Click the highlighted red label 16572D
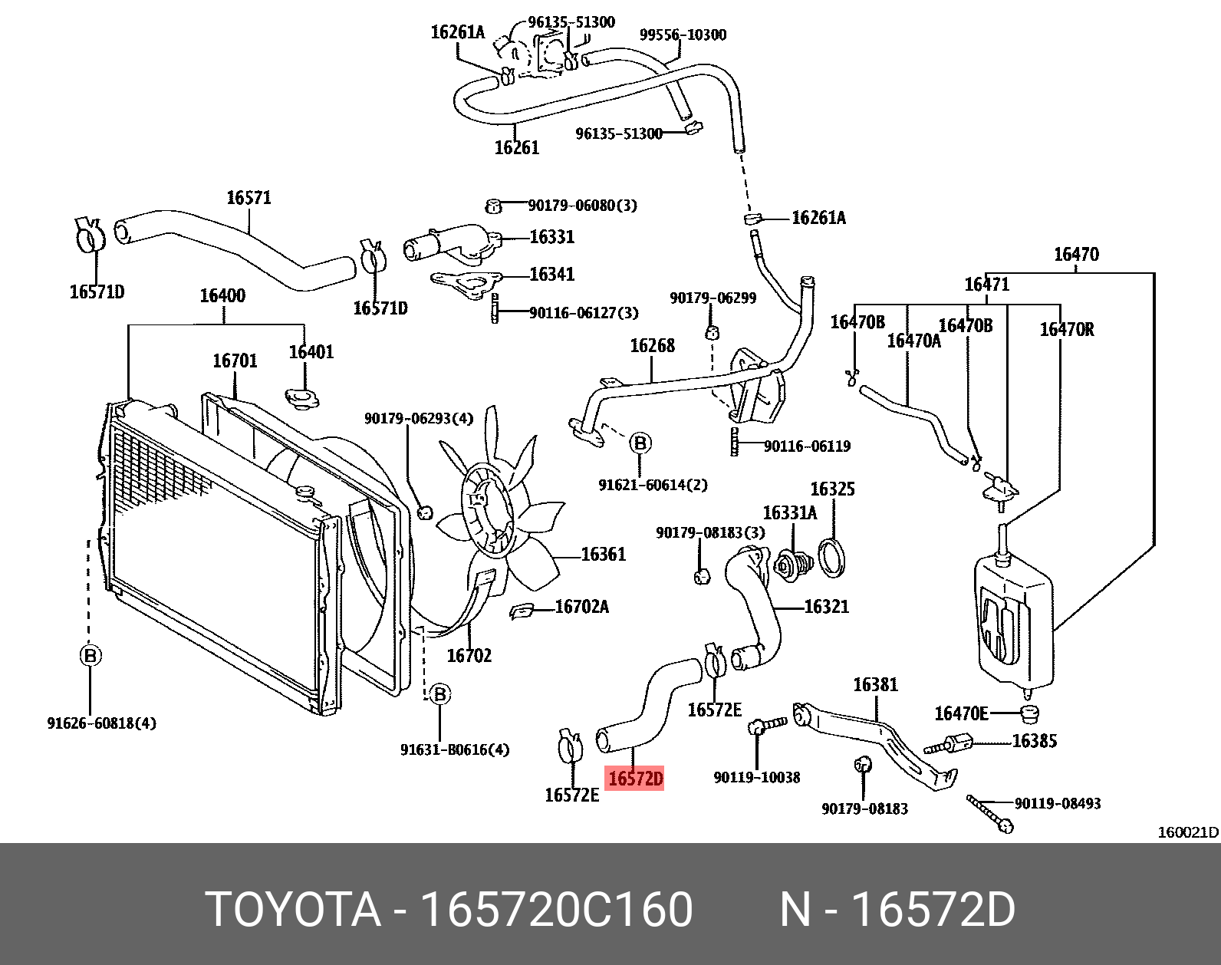tap(634, 779)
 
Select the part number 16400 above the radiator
tap(222, 295)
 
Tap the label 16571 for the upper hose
tap(248, 198)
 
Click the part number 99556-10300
tap(683, 35)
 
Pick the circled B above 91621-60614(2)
tap(640, 443)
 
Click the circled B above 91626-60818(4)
tap(90, 656)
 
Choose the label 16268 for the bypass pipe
tap(652, 346)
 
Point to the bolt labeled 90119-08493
tap(989, 813)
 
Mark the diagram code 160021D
tap(1187, 832)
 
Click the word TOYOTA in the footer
tap(293, 911)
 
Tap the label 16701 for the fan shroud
tap(235, 361)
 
